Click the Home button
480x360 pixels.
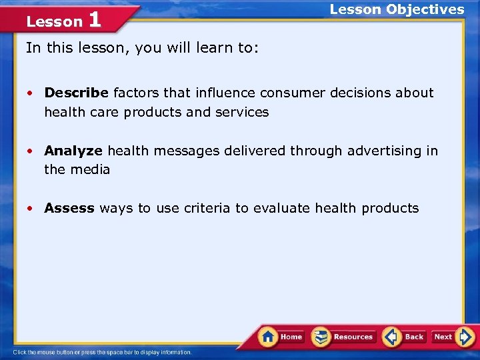point(282,337)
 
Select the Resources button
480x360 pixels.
point(344,337)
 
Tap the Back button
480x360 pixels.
point(405,337)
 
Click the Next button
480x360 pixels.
point(452,337)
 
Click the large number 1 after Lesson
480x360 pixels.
point(94,19)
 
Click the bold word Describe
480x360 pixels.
point(77,93)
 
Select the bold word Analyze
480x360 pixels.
point(73,151)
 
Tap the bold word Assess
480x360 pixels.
point(69,208)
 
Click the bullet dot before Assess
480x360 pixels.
point(30,209)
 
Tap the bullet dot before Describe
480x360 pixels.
point(30,93)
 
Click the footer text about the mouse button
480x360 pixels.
point(102,352)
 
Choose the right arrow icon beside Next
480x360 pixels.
point(466,336)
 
